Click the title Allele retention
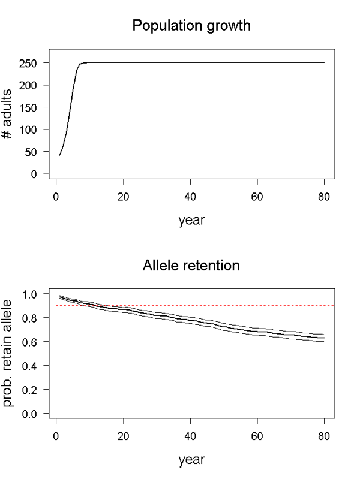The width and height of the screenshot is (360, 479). click(191, 265)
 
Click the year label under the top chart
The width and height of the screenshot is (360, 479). click(191, 221)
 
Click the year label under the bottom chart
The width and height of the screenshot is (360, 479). click(191, 460)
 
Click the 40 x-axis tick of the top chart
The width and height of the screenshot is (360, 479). click(190, 197)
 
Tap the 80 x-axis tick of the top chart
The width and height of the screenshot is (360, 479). click(325, 197)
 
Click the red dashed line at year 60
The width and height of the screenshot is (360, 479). click(257, 306)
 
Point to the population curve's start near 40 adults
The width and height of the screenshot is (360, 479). click(60, 155)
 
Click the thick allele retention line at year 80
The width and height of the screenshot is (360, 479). click(324, 338)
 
